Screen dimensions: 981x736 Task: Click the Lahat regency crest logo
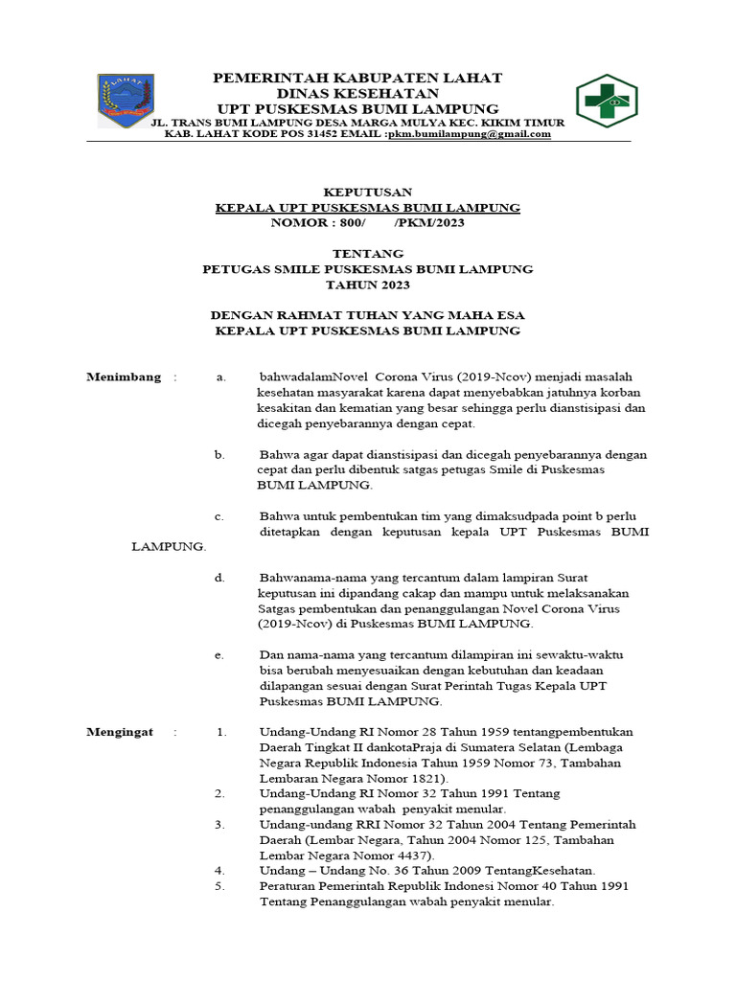pyautogui.click(x=123, y=103)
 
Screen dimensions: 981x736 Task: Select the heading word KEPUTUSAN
pyautogui.click(x=368, y=192)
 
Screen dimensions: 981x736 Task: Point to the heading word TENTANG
pyautogui.click(x=368, y=254)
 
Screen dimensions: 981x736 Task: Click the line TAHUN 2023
pyautogui.click(x=368, y=285)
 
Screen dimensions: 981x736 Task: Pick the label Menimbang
pyautogui.click(x=124, y=376)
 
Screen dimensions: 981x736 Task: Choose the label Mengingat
pyautogui.click(x=120, y=732)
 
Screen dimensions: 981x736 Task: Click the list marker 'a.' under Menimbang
pyautogui.click(x=220, y=376)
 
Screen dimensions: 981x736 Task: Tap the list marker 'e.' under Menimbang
pyautogui.click(x=220, y=654)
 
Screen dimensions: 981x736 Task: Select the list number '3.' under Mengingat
pyautogui.click(x=219, y=824)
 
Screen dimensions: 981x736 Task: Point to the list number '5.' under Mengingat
pyautogui.click(x=219, y=886)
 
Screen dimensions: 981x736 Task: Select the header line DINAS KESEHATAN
pyautogui.click(x=357, y=93)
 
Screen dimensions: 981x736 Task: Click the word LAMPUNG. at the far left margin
pyautogui.click(x=169, y=546)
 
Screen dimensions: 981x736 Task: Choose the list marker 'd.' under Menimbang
pyautogui.click(x=220, y=577)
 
